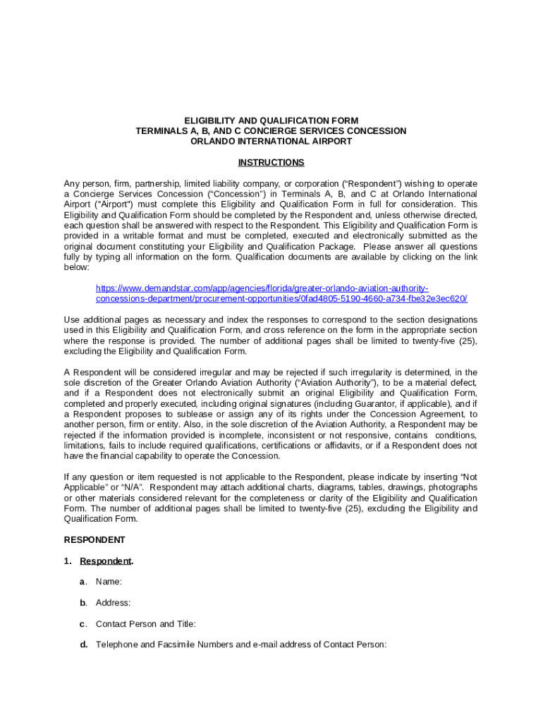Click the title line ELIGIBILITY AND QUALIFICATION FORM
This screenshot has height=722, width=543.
(271, 121)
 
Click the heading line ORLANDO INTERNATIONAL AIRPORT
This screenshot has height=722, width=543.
(271, 141)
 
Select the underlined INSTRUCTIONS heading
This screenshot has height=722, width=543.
(271, 163)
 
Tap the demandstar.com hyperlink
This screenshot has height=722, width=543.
(281, 293)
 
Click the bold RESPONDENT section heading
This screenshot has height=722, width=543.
(94, 540)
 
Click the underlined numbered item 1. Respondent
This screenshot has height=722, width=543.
(106, 561)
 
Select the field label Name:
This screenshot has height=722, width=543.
(109, 582)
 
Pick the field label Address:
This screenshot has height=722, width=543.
(113, 603)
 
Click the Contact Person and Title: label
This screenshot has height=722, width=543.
(145, 624)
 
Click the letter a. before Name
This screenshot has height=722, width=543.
(83, 582)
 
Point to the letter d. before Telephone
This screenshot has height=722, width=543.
(83, 644)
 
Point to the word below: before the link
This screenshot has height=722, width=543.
(76, 268)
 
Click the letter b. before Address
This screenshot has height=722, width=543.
(83, 603)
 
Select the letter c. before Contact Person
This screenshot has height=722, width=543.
(83, 624)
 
